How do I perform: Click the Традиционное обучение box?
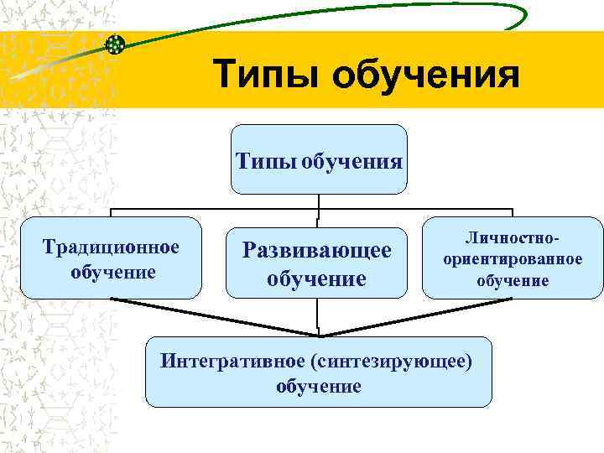pos(112,258)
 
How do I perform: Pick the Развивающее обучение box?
pos(317,262)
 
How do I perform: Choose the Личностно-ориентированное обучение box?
pos(513,258)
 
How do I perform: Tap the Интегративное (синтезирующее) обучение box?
pos(318,372)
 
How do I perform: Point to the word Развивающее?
pos(317,249)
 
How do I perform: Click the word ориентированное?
pos(513,259)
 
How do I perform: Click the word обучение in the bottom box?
pos(318,386)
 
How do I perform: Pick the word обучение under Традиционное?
pos(113,272)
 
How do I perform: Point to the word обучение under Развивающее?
pos(317,277)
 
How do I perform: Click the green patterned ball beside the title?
pos(115,44)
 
